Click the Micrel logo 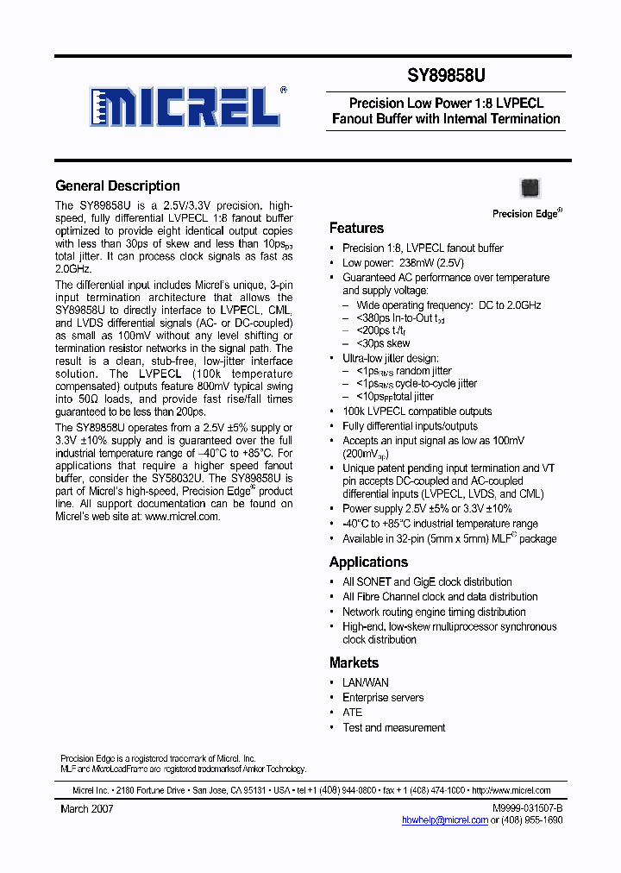point(185,107)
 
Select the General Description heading point(117,186)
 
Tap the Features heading point(356,229)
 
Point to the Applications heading point(368,562)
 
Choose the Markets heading point(354,663)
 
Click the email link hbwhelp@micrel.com point(444,820)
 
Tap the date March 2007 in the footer point(86,809)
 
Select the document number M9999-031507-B point(527,808)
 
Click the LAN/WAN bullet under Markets point(366,682)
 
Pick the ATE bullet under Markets point(352,713)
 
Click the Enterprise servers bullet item point(383,697)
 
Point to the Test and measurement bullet point(393,727)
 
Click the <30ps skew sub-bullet point(383,343)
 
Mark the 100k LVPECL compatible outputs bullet point(417,411)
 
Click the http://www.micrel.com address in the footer point(512,790)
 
